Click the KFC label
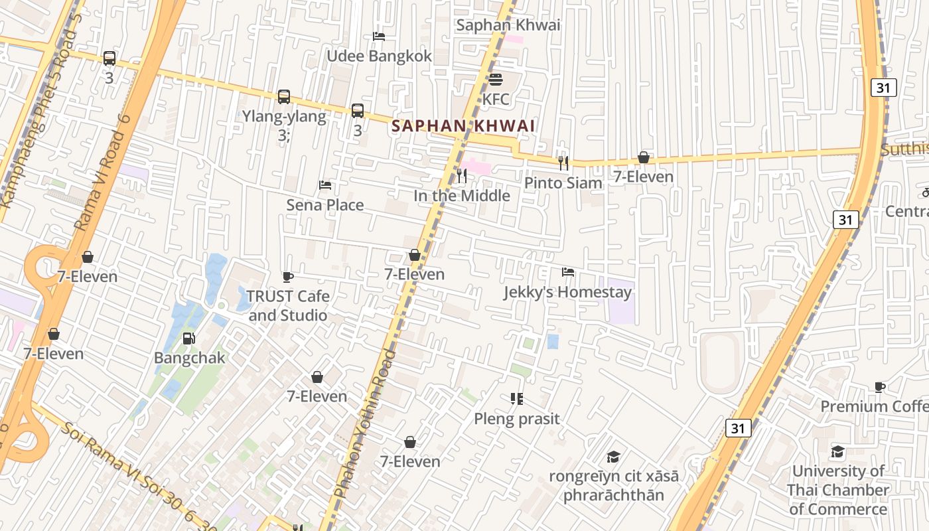[x=496, y=100]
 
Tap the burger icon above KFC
[x=496, y=80]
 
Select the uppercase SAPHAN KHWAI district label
[x=463, y=125]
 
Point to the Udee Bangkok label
[x=379, y=56]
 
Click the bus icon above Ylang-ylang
[x=284, y=97]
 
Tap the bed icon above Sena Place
[x=325, y=185]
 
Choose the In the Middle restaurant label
[x=462, y=196]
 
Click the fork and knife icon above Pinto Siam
[x=563, y=163]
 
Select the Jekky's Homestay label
[x=567, y=292]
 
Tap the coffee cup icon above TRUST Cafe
[x=288, y=277]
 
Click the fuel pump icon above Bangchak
[x=189, y=339]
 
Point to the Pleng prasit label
[x=517, y=419]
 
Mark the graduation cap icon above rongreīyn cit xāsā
[x=613, y=457]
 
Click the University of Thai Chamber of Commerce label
[x=838, y=491]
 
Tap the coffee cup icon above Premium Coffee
[x=880, y=387]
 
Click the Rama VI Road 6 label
[x=103, y=173]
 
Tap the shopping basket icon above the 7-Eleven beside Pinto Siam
[x=643, y=158]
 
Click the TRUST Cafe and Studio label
[x=288, y=305]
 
